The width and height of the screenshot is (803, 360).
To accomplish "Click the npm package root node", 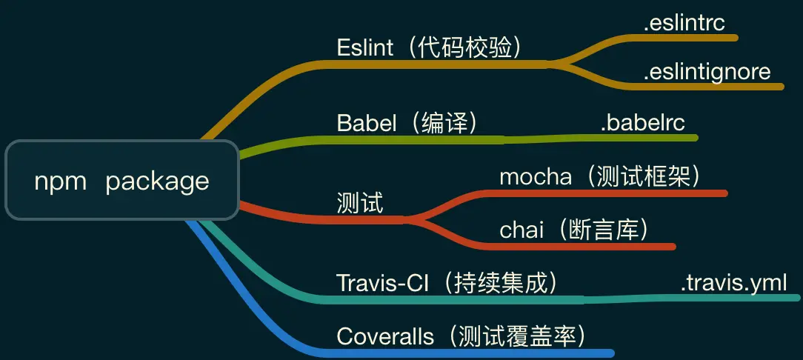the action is (122, 180).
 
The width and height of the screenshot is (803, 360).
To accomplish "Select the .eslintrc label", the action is (684, 24).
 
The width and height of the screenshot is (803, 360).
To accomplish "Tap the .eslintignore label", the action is (707, 72).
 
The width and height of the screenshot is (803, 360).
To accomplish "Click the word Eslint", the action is (365, 47).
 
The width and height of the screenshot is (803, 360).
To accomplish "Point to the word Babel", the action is (367, 124).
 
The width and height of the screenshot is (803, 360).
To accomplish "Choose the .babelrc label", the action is (643, 124).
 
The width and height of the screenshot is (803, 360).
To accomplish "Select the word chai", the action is (522, 230).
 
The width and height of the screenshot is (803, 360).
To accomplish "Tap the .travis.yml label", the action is (733, 283).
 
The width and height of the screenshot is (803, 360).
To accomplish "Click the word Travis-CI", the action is (382, 283).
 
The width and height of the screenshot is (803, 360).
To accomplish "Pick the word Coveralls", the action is (385, 336).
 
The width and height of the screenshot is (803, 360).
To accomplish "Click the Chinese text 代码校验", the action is (464, 48).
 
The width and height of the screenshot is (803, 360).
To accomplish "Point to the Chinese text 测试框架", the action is (643, 177).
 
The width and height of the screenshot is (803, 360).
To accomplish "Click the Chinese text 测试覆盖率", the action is (517, 336).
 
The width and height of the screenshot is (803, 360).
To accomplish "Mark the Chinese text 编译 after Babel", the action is (444, 124).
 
